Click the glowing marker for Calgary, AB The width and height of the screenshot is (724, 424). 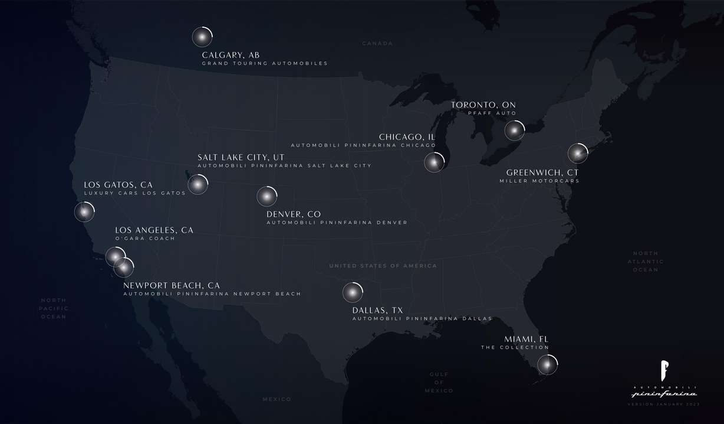[x=202, y=37]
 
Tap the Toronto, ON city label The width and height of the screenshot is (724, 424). [x=483, y=105]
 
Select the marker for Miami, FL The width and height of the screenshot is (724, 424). [x=547, y=364]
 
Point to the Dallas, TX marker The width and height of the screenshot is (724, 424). [x=352, y=292]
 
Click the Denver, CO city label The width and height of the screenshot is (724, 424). [x=294, y=214]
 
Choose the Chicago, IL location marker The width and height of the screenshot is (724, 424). [x=434, y=162]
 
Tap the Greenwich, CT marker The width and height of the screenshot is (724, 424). [x=578, y=154]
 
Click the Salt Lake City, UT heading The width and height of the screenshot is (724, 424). [x=241, y=157]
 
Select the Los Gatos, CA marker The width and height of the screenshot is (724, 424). [x=84, y=211]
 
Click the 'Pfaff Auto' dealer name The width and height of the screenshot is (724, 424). [x=492, y=113]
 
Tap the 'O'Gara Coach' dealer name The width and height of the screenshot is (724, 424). [x=145, y=239]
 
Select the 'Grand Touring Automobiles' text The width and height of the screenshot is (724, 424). [x=265, y=63]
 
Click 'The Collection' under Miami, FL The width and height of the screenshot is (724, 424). [x=515, y=347]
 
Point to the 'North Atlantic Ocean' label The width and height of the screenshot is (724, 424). [x=645, y=262]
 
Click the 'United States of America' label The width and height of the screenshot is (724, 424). [x=383, y=266]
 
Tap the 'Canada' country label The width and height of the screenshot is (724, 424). [x=377, y=44]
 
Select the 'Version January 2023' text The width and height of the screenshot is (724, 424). [x=664, y=403]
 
